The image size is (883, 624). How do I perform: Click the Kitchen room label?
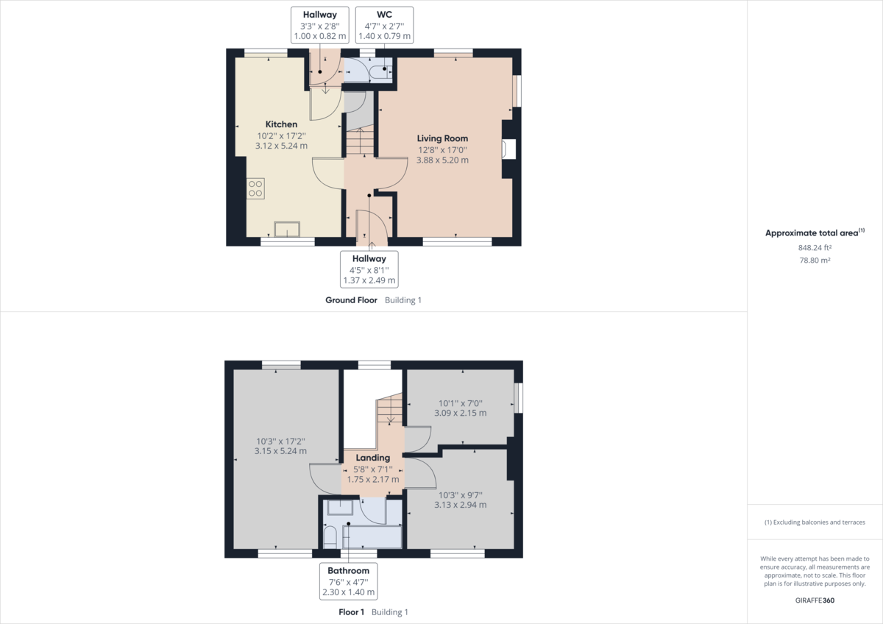(x=281, y=124)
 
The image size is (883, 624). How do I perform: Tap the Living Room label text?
(x=442, y=138)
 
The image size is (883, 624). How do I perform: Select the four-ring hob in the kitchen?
(x=255, y=188)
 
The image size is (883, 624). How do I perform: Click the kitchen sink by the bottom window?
(x=287, y=229)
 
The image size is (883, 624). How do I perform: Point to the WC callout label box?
(x=384, y=25)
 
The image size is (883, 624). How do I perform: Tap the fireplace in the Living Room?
(x=508, y=149)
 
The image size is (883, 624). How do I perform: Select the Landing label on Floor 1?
(x=372, y=458)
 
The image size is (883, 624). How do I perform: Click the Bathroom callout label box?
(x=349, y=581)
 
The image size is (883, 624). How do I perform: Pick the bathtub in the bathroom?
(x=372, y=537)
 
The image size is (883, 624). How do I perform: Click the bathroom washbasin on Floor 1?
(x=340, y=507)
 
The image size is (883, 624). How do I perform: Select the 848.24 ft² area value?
(x=815, y=247)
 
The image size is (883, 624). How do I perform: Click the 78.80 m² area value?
(x=815, y=260)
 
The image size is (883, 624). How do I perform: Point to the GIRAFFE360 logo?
(x=815, y=600)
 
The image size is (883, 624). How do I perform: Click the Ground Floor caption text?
(x=351, y=300)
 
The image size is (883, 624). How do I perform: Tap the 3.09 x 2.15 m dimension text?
(x=461, y=413)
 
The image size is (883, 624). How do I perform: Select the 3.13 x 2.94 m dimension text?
(x=461, y=505)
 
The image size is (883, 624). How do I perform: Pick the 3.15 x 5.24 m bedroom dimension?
(x=280, y=451)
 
